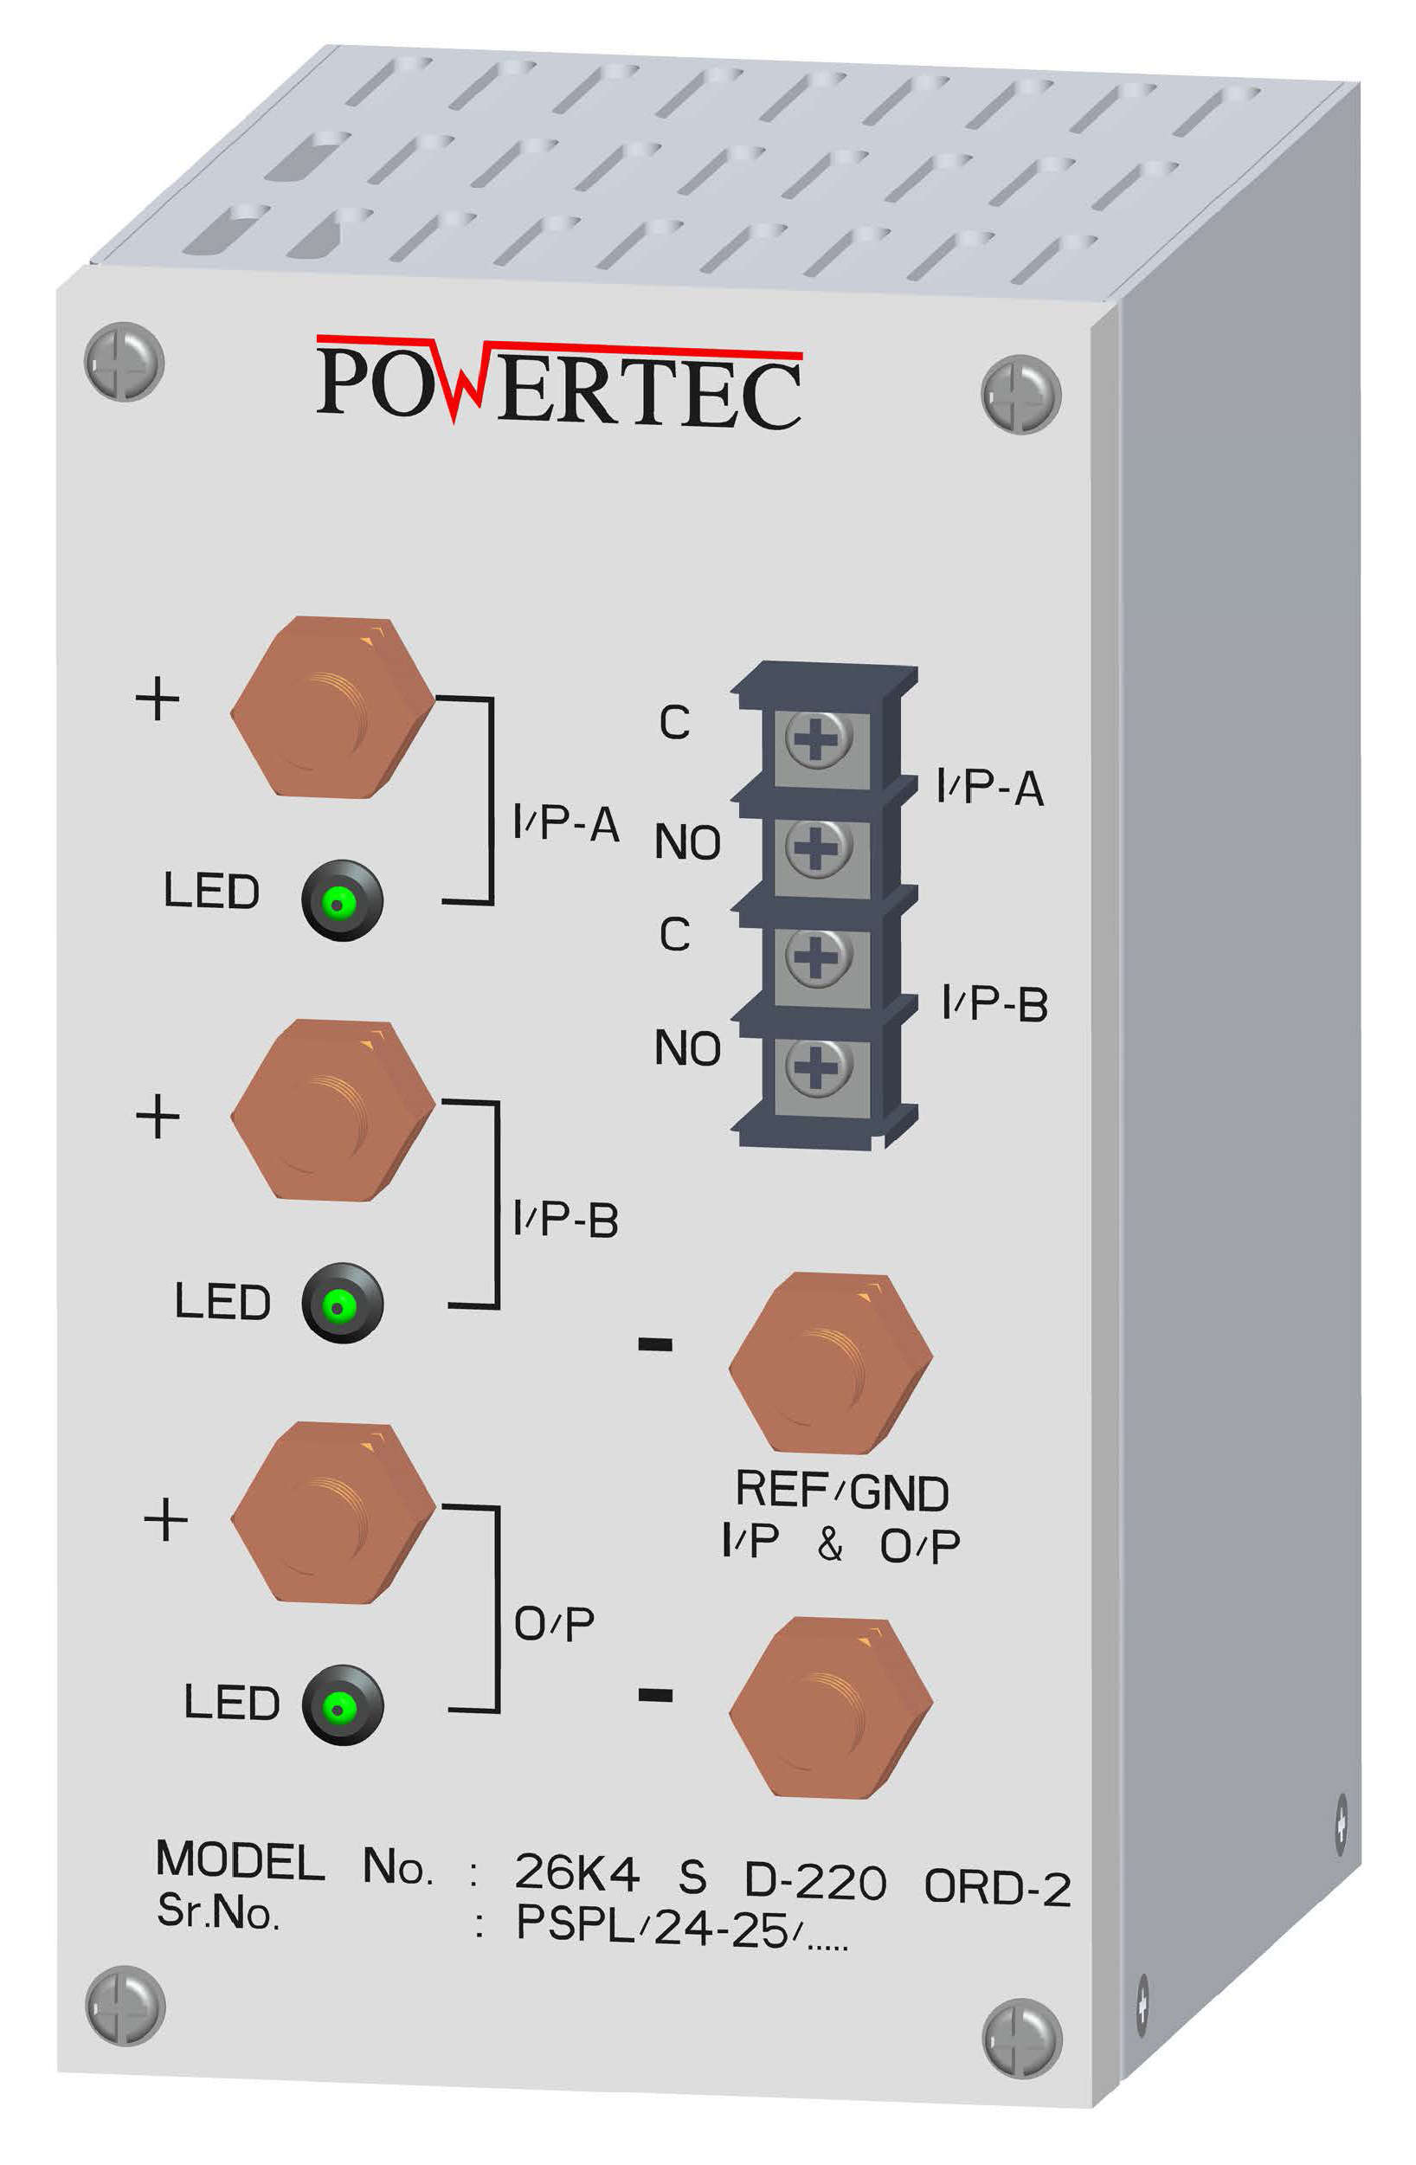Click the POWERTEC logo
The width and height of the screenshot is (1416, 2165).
click(x=558, y=383)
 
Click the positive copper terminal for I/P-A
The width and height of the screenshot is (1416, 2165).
click(x=332, y=709)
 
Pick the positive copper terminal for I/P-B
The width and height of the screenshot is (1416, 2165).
click(x=332, y=1111)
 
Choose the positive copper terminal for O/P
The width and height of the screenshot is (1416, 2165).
click(x=332, y=1515)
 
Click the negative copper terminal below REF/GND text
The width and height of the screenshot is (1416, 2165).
click(x=830, y=1707)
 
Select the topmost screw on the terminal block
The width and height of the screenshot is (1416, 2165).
click(x=818, y=738)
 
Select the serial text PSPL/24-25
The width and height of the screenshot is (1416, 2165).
click(x=651, y=1926)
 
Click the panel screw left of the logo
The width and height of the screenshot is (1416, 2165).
click(x=124, y=362)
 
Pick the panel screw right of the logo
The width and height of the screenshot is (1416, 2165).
click(x=1020, y=395)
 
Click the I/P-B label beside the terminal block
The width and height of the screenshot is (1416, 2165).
click(x=994, y=1004)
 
